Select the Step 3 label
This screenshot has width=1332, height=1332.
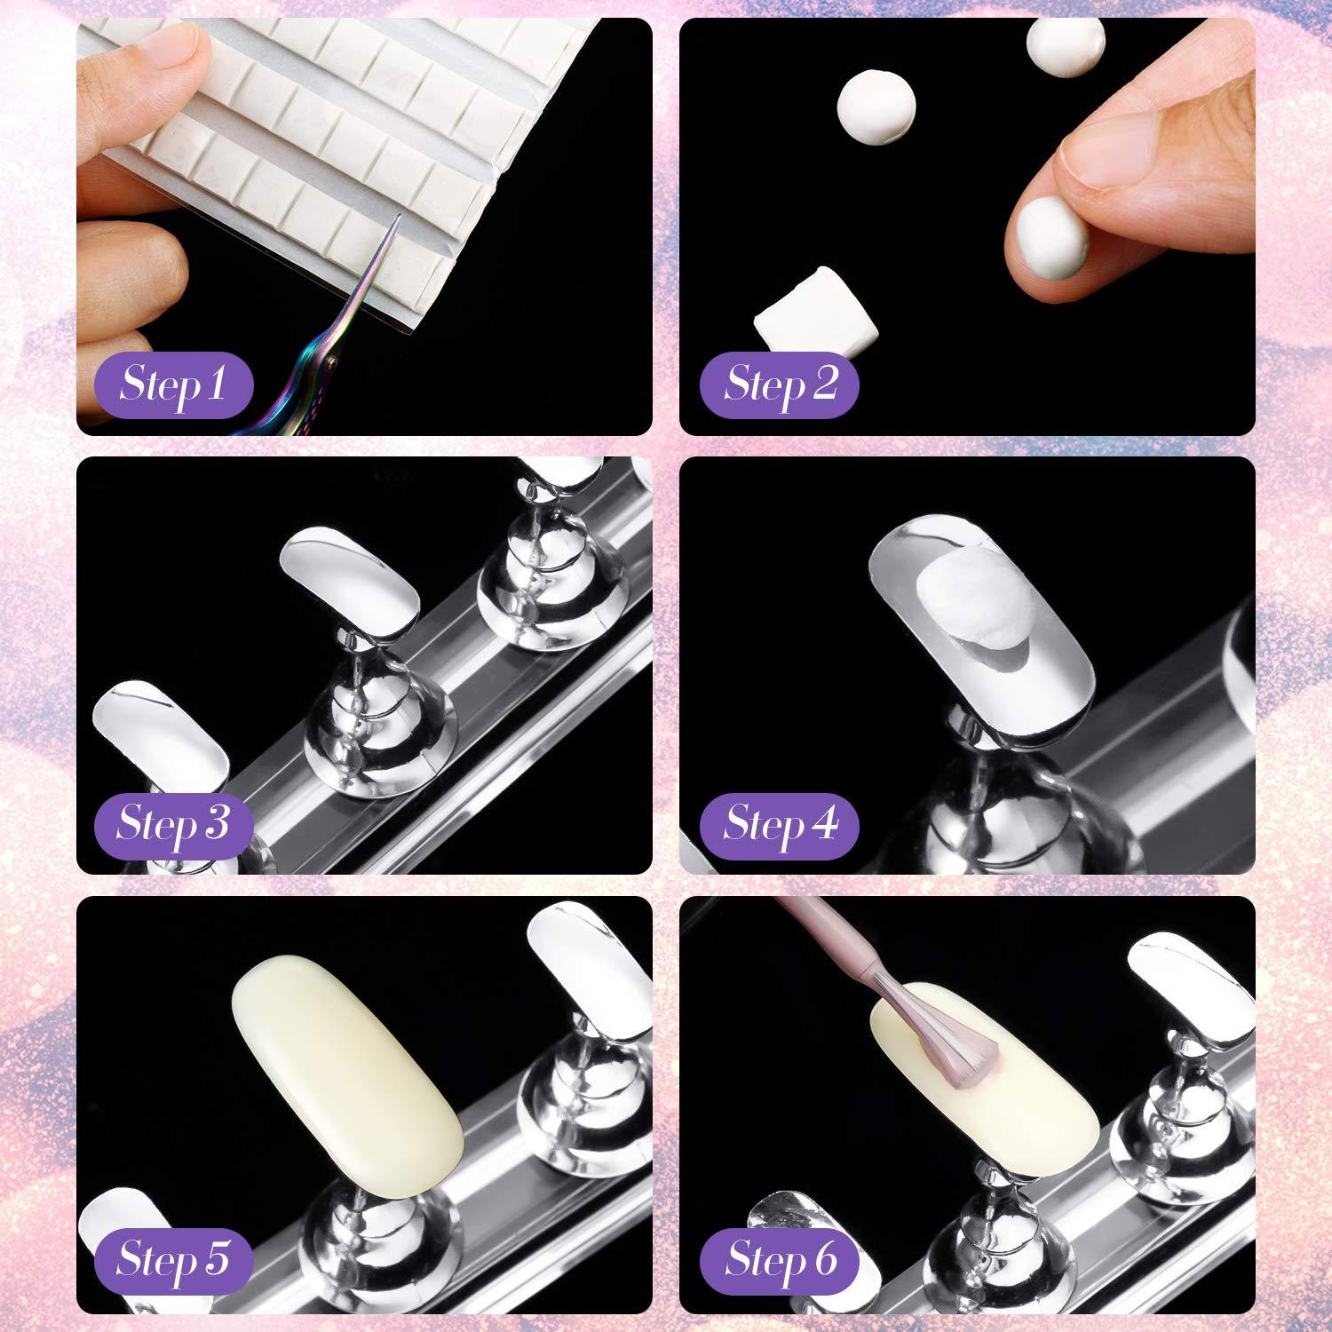coord(173,823)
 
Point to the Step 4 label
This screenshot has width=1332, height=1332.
coord(780,823)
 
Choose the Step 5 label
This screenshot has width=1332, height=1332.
coord(173,1259)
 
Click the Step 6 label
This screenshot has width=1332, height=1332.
coord(780,1259)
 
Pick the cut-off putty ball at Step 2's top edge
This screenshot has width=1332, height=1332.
coord(1066,40)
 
